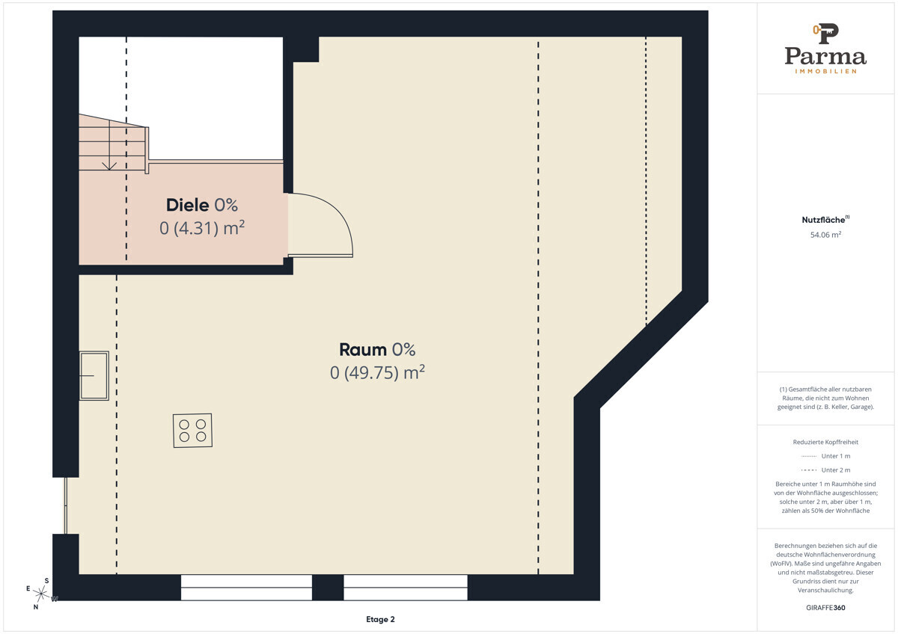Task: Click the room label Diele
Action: (187, 205)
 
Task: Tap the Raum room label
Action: (363, 350)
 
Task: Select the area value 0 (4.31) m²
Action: (202, 228)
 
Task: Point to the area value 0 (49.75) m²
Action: (377, 372)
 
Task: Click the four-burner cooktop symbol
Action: (192, 430)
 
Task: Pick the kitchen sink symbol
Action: (94, 375)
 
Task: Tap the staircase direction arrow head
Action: (109, 166)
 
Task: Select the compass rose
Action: (40, 593)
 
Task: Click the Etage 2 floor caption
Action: (380, 619)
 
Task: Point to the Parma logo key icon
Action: (825, 34)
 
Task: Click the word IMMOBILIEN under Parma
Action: (825, 71)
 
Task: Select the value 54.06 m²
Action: (825, 235)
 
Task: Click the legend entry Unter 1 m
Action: (825, 456)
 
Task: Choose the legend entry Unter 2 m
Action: (825, 470)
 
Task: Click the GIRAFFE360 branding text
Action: (825, 608)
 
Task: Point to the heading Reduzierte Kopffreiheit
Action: (825, 442)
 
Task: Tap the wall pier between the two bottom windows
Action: (328, 588)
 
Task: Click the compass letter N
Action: (36, 607)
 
